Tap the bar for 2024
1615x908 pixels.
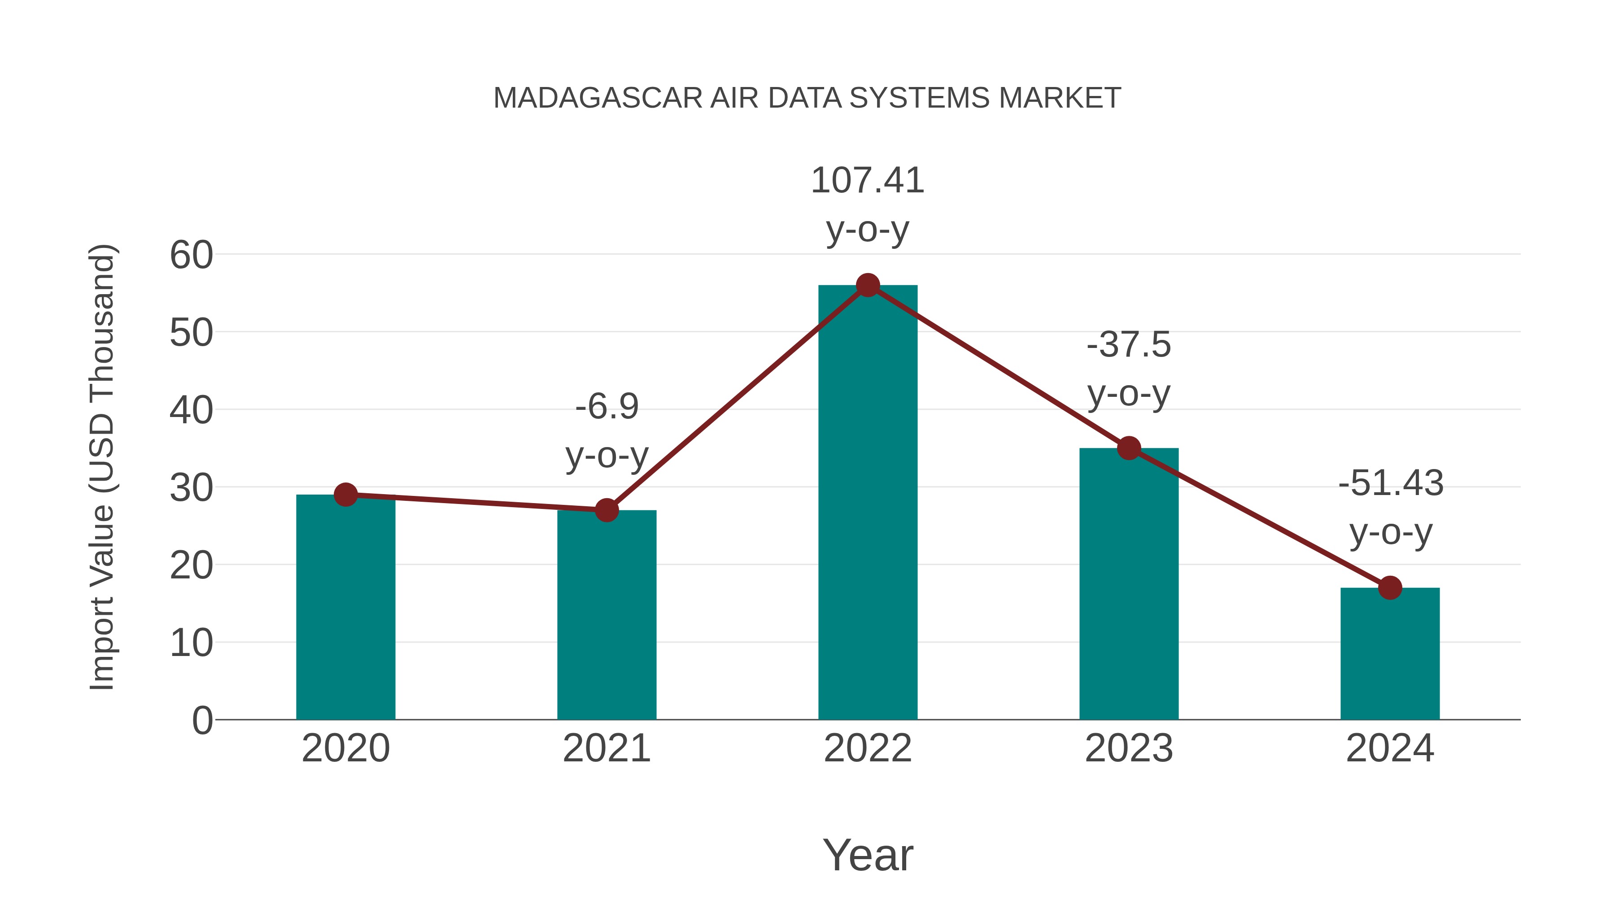pos(1390,655)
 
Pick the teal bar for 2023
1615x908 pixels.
pos(1129,586)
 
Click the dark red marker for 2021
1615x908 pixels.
pos(606,510)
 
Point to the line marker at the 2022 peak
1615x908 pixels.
pos(868,286)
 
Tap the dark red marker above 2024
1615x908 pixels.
pos(1390,588)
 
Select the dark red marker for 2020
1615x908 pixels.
pos(345,495)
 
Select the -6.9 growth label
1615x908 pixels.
pos(606,407)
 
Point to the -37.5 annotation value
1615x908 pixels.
pos(1129,345)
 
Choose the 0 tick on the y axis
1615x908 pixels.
pos(202,721)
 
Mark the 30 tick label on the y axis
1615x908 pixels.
pos(191,488)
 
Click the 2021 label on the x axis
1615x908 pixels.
pos(606,748)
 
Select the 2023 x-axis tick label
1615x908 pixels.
pos(1129,748)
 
